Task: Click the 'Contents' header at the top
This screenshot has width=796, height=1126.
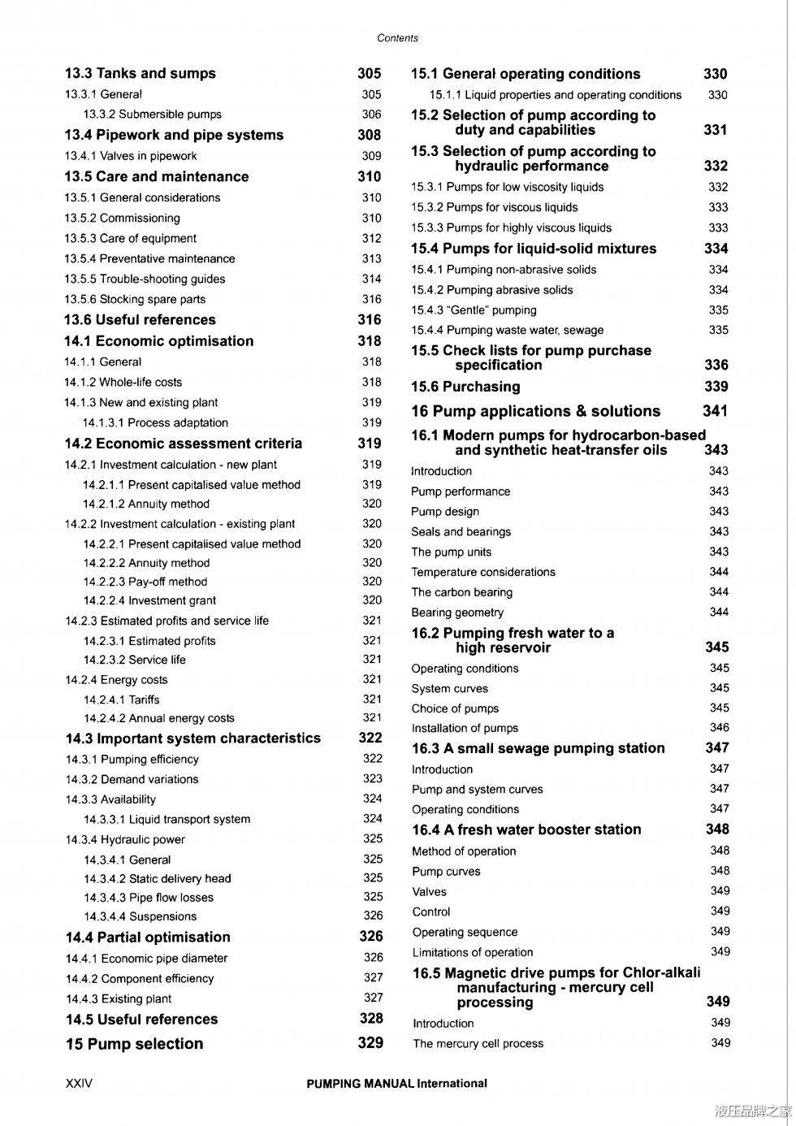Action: click(x=397, y=38)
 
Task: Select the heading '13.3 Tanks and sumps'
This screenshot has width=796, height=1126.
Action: click(x=140, y=74)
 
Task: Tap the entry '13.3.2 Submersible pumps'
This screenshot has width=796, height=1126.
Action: click(x=152, y=115)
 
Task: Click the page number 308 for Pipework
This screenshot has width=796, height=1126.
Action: click(x=369, y=135)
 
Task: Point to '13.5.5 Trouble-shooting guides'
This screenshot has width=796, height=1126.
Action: click(x=145, y=279)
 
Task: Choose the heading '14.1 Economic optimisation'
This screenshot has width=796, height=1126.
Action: click(x=158, y=341)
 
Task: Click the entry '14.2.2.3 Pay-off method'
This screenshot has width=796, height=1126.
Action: click(x=145, y=582)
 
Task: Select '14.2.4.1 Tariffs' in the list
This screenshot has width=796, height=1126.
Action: click(x=121, y=699)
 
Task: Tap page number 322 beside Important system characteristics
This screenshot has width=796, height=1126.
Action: click(x=370, y=738)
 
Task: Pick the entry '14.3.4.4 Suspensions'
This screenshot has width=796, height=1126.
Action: click(x=140, y=916)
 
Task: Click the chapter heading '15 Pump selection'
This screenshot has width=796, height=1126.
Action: click(x=134, y=1044)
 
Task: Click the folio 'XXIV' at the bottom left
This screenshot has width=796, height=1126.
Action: click(x=79, y=1084)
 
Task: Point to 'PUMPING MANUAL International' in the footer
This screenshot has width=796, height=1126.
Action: click(x=396, y=1084)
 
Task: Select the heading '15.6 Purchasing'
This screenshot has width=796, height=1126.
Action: click(x=465, y=387)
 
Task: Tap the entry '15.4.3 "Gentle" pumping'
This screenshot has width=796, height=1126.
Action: click(x=474, y=310)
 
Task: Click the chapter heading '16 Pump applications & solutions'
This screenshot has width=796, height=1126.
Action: click(x=535, y=411)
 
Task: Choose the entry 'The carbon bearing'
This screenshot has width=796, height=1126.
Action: click(x=461, y=592)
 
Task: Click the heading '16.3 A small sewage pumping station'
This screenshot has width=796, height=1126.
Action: click(x=538, y=748)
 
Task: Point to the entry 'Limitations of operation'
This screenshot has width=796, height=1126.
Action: click(x=472, y=952)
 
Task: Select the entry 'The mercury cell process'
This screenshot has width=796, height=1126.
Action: click(x=478, y=1043)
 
